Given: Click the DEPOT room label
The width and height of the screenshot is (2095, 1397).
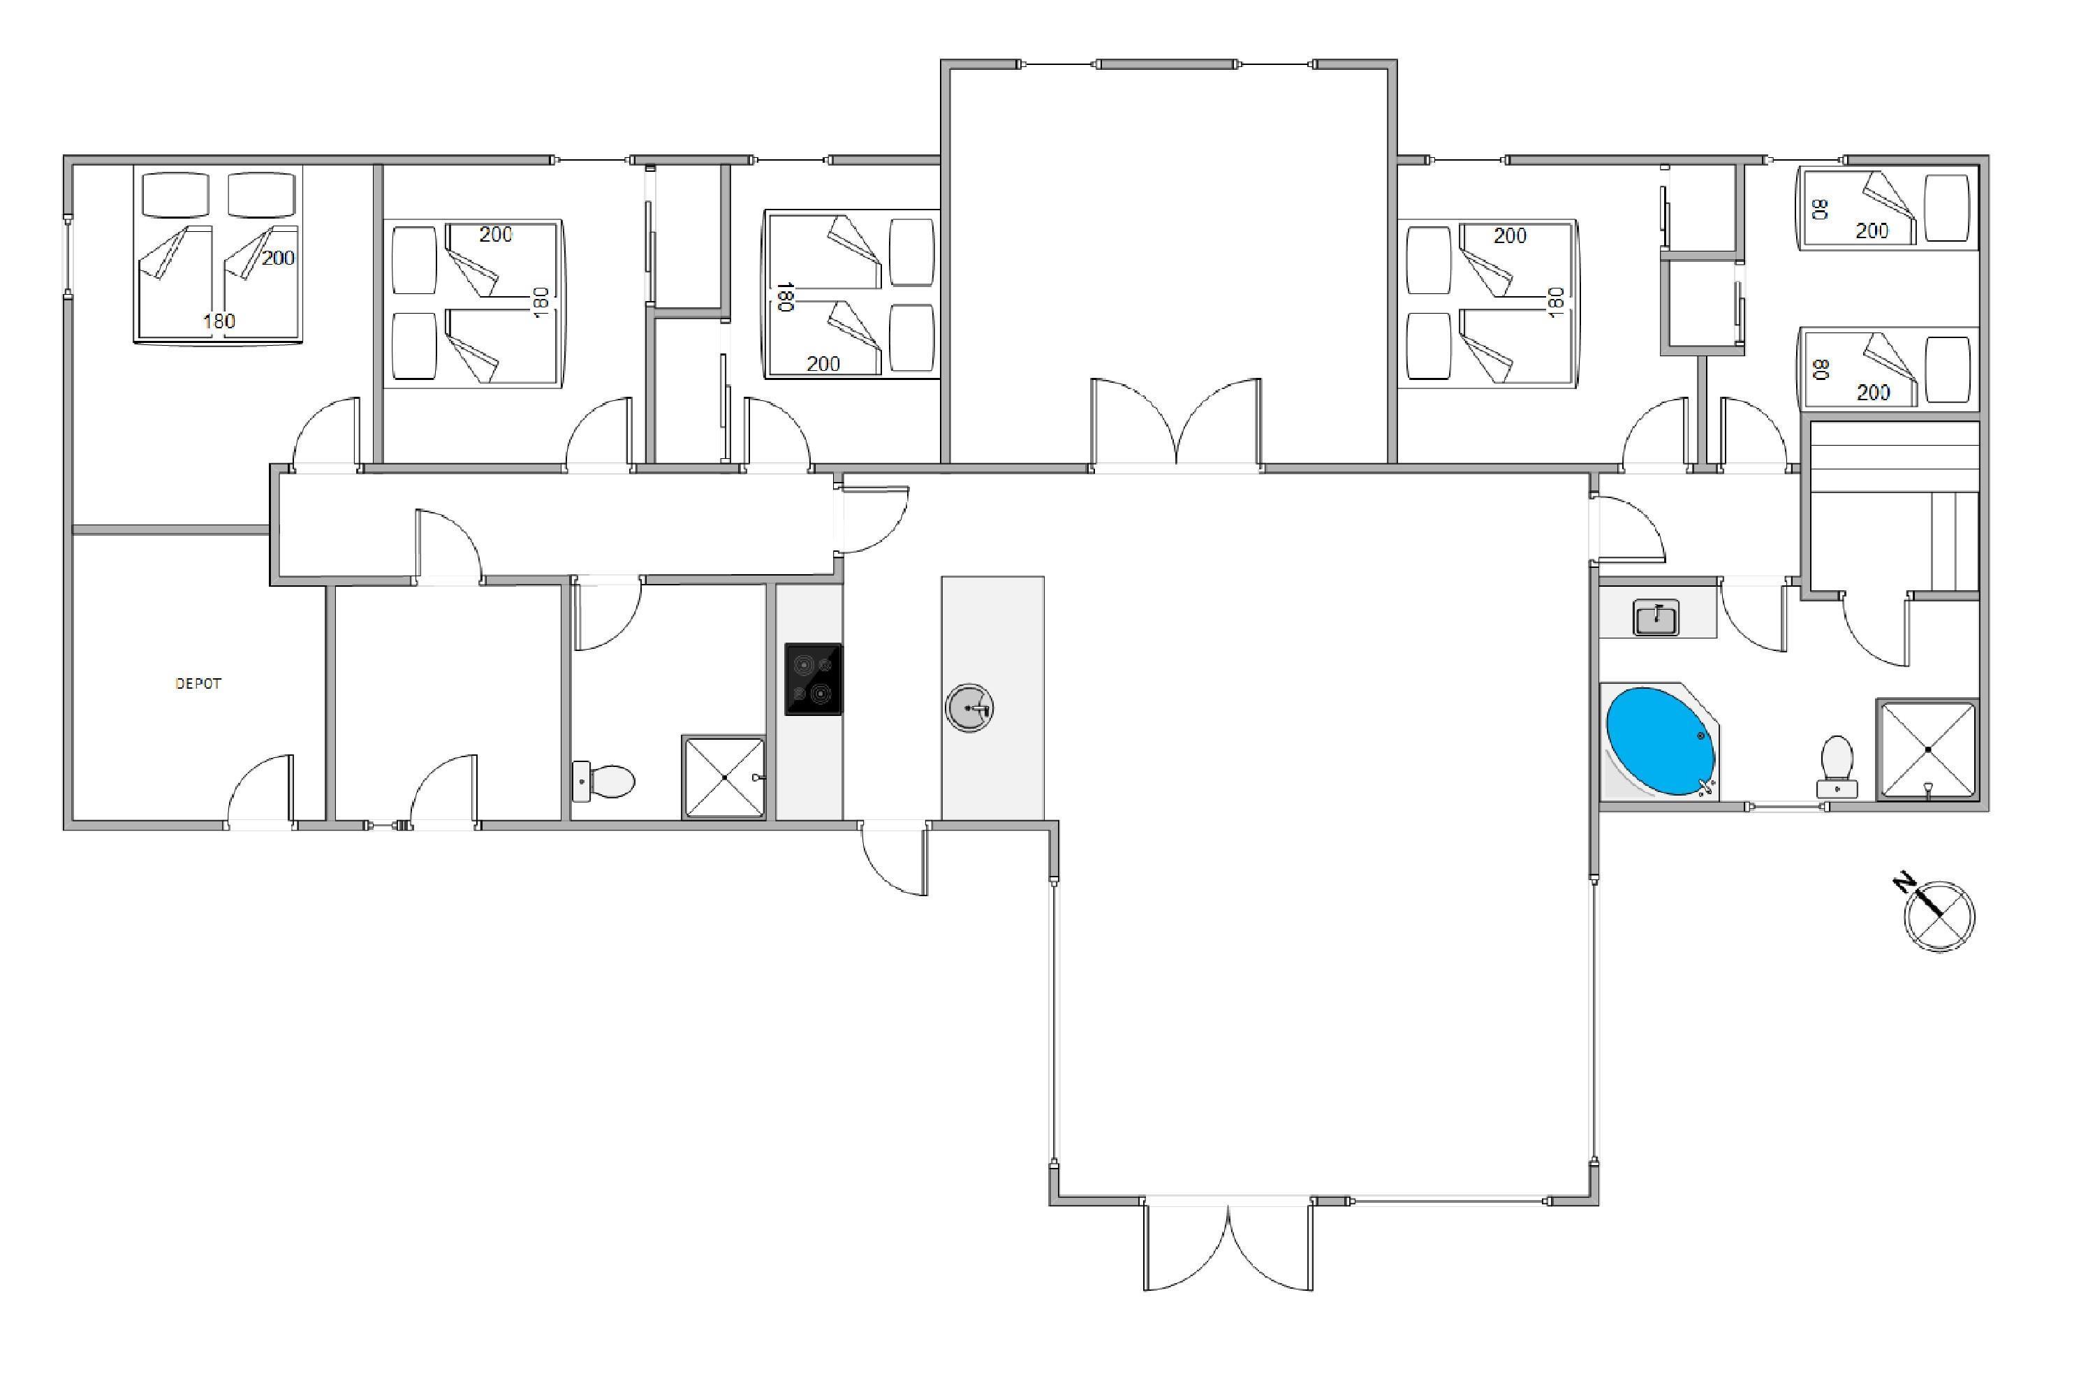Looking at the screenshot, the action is point(198,683).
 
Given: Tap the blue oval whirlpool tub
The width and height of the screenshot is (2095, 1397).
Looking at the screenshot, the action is point(1661,741).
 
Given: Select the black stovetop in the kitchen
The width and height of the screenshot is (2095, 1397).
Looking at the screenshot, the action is point(814,679).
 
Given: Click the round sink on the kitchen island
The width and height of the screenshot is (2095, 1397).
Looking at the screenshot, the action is point(969,708).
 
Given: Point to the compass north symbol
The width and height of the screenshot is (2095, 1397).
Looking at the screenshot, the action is point(1939,916).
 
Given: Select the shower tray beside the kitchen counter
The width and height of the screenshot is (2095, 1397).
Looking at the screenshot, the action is point(724,777).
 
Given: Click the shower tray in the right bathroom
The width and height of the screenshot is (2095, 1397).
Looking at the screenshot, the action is point(1927,749).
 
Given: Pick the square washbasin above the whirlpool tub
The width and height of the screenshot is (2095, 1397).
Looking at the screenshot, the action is point(1656,617).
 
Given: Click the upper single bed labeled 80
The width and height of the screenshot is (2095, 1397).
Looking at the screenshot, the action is point(1888,208).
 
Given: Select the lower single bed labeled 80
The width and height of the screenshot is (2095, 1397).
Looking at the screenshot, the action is point(1888,370).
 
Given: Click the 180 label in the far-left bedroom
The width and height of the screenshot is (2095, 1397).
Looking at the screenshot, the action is point(219,321).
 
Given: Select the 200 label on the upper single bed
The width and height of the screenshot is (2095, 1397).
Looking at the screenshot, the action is point(1872,231).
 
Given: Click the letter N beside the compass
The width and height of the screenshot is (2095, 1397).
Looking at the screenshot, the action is point(1905,884).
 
